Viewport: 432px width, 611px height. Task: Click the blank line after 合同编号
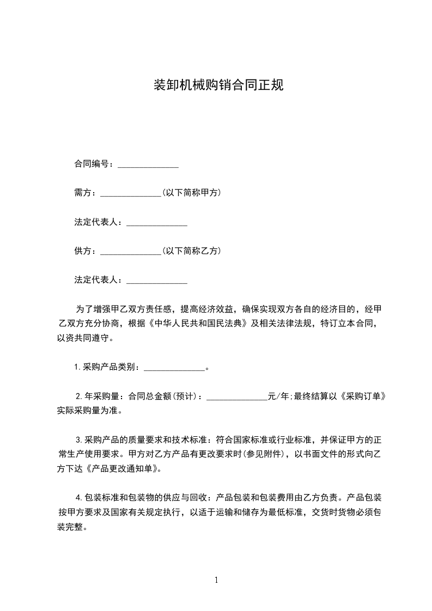[148, 164]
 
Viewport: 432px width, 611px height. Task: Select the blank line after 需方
[131, 193]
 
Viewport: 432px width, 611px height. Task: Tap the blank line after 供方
[131, 252]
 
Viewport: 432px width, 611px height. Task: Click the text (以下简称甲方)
[191, 193]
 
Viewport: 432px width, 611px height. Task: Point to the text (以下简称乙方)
[191, 251]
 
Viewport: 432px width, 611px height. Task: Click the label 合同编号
[92, 164]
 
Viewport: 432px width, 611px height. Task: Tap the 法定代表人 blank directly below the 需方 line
[157, 223]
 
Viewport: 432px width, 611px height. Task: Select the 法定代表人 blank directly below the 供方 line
[157, 281]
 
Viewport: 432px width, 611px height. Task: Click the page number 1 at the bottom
[216, 580]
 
